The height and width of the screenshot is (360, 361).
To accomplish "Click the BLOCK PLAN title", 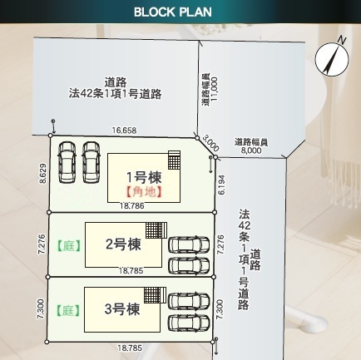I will (x=172, y=12).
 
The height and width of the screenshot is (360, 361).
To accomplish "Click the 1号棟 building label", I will (x=143, y=177).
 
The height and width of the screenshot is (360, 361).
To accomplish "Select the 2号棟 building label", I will (x=122, y=244).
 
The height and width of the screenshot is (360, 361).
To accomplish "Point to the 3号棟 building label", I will (x=121, y=309).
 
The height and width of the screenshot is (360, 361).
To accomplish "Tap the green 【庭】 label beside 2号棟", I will (x=67, y=245).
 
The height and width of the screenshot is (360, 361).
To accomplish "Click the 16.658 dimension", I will (x=125, y=131).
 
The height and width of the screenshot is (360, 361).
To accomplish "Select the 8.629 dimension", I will (x=42, y=173).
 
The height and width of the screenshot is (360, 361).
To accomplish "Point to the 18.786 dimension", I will (x=131, y=205).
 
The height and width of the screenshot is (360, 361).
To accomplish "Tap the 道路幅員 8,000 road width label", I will (x=251, y=146).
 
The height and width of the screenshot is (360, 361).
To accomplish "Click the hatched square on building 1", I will (x=175, y=159).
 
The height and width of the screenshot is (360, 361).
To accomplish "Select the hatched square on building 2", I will (x=155, y=230).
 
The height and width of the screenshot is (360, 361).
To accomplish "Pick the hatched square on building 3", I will (x=151, y=296).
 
